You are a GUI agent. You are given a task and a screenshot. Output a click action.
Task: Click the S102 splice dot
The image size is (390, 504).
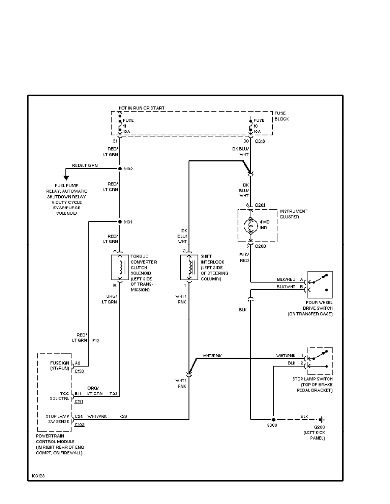(x=120, y=169)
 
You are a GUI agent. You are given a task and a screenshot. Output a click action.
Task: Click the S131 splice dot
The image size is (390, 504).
(x=120, y=221)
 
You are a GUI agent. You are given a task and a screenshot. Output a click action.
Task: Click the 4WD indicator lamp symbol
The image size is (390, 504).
(x=250, y=227)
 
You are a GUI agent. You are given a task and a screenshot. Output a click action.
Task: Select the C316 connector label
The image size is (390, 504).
(x=260, y=141)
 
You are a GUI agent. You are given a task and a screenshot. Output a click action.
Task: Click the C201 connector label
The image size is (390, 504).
(x=260, y=205)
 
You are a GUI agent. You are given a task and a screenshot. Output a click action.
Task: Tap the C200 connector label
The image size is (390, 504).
(x=260, y=246)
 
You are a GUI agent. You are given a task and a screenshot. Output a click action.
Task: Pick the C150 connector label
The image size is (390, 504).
(x=79, y=371)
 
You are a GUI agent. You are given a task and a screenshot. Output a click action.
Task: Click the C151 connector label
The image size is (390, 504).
(x=79, y=401)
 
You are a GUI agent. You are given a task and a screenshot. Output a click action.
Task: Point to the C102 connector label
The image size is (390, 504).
(x=79, y=424)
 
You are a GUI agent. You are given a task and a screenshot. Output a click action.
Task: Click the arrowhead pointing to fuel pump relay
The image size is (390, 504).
(x=66, y=177)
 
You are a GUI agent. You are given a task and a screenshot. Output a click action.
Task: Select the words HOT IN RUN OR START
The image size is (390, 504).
(x=142, y=109)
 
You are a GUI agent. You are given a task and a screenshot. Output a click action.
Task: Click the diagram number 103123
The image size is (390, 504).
(x=37, y=476)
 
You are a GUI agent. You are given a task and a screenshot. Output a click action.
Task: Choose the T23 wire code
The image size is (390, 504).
(x=113, y=394)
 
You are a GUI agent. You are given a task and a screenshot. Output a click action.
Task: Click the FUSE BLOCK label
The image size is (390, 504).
(x=281, y=117)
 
